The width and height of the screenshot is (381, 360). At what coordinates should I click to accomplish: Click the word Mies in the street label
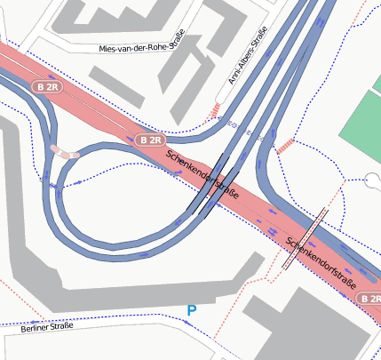pos(111,49)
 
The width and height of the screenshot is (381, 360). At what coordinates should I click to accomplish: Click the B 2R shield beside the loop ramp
pos(152,140)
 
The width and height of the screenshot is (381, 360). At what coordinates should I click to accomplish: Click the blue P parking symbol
pos(191,310)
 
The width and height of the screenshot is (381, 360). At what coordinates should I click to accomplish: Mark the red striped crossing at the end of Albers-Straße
pos(213,109)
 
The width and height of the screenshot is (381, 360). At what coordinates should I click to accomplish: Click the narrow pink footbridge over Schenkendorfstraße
pos(302,240)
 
